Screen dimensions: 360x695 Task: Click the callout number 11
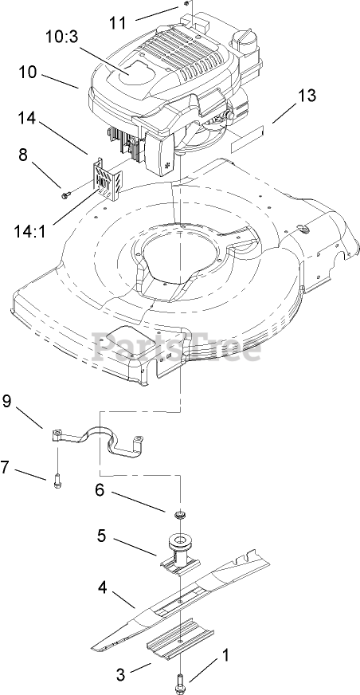pos(118,22)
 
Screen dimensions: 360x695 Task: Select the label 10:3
pos(61,37)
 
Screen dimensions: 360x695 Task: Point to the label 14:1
pos(30,231)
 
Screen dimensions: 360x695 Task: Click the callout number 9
pos(7,401)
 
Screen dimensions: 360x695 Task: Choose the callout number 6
pos(100,490)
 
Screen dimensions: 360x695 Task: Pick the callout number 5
pos(102,536)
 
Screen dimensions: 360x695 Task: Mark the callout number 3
pos(121,674)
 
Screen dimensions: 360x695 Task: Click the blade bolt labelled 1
pos(181,681)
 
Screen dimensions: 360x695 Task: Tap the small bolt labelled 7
pos(57,481)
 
